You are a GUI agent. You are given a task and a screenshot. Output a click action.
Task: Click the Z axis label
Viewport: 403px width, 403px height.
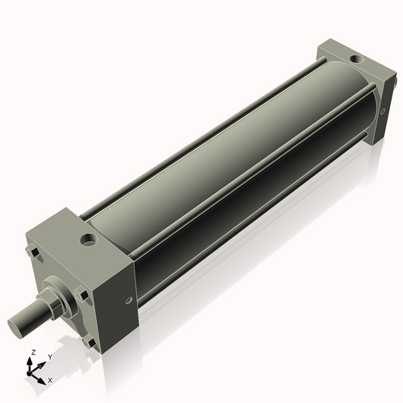click(31, 352)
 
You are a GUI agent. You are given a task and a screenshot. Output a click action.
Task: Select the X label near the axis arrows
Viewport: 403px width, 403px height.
click(50, 379)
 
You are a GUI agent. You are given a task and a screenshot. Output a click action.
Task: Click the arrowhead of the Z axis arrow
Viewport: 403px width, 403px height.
click(31, 360)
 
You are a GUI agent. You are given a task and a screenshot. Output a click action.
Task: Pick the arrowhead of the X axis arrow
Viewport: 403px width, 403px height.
click(44, 377)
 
